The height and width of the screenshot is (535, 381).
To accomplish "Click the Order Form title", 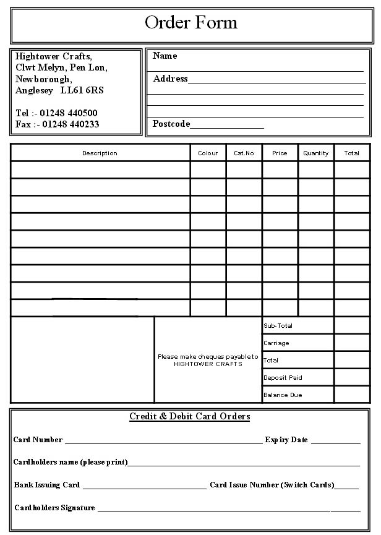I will click(x=191, y=23).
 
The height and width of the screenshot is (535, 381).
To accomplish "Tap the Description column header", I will click(x=100, y=153).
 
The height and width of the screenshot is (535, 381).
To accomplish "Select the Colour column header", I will click(x=208, y=153).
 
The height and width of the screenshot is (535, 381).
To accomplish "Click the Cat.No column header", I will click(x=244, y=153).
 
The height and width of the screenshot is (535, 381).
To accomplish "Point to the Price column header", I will click(x=280, y=153).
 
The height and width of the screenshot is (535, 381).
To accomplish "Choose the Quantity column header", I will click(x=315, y=153).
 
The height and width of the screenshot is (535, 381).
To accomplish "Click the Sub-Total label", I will click(x=278, y=325).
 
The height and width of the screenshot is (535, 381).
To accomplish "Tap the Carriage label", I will click(x=276, y=343).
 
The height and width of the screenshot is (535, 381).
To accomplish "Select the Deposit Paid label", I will click(x=283, y=377).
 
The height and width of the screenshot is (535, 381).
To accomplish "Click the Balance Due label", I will click(x=283, y=395).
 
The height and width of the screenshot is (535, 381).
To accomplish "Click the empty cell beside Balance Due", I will click(x=352, y=395).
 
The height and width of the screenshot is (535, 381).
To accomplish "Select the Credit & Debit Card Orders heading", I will click(x=189, y=416).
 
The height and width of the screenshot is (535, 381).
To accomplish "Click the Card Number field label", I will click(x=38, y=440).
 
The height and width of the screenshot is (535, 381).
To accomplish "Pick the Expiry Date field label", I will click(x=286, y=440).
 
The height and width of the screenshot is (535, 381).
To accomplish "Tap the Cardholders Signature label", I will click(x=54, y=508).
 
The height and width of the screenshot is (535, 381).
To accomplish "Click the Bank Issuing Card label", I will click(x=47, y=485).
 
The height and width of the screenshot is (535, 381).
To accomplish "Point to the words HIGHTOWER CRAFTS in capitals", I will click(x=208, y=364).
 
